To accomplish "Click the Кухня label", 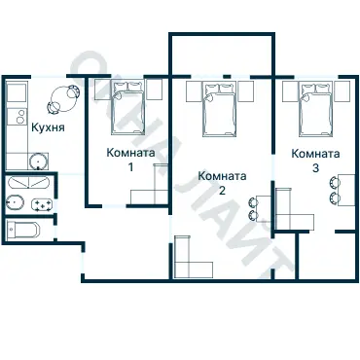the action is click(48, 127).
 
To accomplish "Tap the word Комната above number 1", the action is click(130, 152).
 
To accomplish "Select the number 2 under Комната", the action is click(222, 191).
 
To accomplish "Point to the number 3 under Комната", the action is click(315, 168).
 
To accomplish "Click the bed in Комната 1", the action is click(127, 107).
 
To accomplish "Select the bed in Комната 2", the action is click(219, 109).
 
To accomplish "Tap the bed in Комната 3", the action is click(316, 109).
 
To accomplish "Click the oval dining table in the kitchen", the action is click(64, 98).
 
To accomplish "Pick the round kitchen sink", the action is click(39, 162).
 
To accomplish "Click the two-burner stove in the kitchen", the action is click(18, 117).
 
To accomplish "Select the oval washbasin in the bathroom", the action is click(15, 203).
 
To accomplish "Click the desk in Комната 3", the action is click(346, 190).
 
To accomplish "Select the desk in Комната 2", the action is click(264, 208).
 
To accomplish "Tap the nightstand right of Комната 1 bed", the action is click(155, 89).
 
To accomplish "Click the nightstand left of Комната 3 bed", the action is click(289, 91).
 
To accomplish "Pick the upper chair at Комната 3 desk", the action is click(334, 183).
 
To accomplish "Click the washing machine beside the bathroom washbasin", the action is click(42, 205).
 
